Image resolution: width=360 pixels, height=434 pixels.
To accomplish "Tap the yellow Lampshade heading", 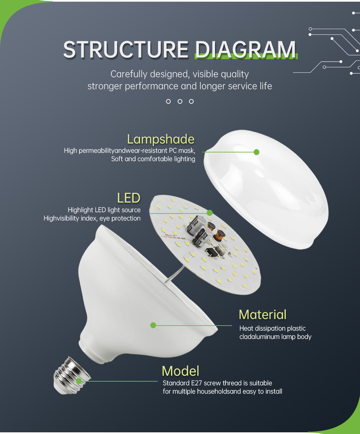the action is click(x=161, y=139).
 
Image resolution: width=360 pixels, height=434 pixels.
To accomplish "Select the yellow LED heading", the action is click(x=129, y=198).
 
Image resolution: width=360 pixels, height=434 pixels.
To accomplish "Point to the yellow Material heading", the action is click(x=263, y=315).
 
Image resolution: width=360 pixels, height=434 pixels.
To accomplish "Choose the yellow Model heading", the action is click(x=181, y=371).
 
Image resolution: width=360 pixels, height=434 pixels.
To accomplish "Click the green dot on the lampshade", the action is click(x=257, y=152).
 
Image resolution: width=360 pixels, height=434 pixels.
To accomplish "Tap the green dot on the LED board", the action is click(x=210, y=213).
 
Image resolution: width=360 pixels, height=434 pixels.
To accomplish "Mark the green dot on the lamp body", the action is click(x=153, y=325).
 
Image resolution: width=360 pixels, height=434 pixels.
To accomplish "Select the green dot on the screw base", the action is click(x=79, y=381).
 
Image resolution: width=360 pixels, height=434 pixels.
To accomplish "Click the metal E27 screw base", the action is click(x=72, y=376).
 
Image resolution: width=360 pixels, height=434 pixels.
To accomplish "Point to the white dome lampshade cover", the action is click(x=266, y=189).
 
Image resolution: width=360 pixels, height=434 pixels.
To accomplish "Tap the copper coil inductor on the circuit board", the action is click(x=221, y=235).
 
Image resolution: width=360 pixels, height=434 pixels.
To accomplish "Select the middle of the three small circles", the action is click(x=180, y=101).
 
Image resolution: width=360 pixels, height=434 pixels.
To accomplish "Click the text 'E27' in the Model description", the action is click(x=196, y=383).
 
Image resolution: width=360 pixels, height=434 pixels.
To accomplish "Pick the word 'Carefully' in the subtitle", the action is click(x=129, y=74).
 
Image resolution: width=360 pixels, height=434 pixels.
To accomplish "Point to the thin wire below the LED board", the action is click(x=174, y=274).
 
